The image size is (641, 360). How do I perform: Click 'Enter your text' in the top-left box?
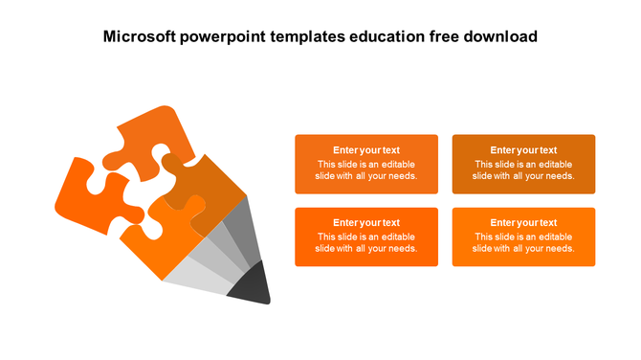366,150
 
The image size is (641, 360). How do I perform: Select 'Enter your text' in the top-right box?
523,150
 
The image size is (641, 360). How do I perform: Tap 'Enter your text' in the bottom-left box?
366,223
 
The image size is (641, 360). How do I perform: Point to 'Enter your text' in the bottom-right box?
523,223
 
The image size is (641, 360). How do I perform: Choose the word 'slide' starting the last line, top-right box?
482,176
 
